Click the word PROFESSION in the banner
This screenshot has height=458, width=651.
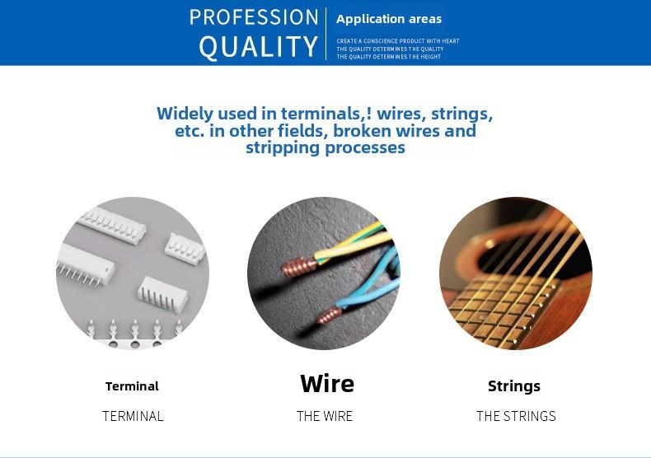pyautogui.click(x=254, y=17)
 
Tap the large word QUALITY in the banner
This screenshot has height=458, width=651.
pyautogui.click(x=258, y=46)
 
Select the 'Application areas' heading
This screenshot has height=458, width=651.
pyautogui.click(x=389, y=19)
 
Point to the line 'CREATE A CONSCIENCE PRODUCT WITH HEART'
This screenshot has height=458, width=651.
pyautogui.click(x=398, y=41)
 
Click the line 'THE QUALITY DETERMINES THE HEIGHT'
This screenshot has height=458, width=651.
pyautogui.click(x=389, y=57)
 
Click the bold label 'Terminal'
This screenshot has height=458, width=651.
pyautogui.click(x=132, y=386)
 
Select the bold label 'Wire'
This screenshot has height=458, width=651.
pyautogui.click(x=327, y=383)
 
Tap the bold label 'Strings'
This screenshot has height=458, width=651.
pyautogui.click(x=514, y=386)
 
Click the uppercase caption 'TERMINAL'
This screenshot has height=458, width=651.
pyautogui.click(x=133, y=416)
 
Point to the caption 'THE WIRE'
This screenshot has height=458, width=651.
pyautogui.click(x=325, y=416)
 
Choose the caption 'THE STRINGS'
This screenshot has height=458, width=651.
pyautogui.click(x=516, y=416)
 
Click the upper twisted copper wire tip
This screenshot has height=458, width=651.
pyautogui.click(x=298, y=267)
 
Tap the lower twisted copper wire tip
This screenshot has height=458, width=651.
pyautogui.click(x=330, y=316)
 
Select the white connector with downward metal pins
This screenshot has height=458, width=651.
pyautogui.click(x=86, y=265)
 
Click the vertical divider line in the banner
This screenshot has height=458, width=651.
pyautogui.click(x=326, y=34)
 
